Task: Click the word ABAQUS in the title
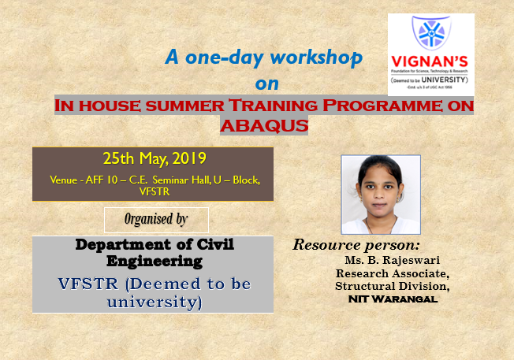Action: (x=264, y=125)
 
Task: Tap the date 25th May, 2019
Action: (x=152, y=158)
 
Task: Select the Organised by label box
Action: (x=156, y=220)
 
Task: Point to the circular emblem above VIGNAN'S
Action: (x=430, y=32)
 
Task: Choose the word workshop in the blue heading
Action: (x=318, y=58)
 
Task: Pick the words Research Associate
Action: (x=392, y=273)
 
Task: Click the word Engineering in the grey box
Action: (x=155, y=259)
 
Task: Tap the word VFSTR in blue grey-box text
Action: (x=88, y=284)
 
